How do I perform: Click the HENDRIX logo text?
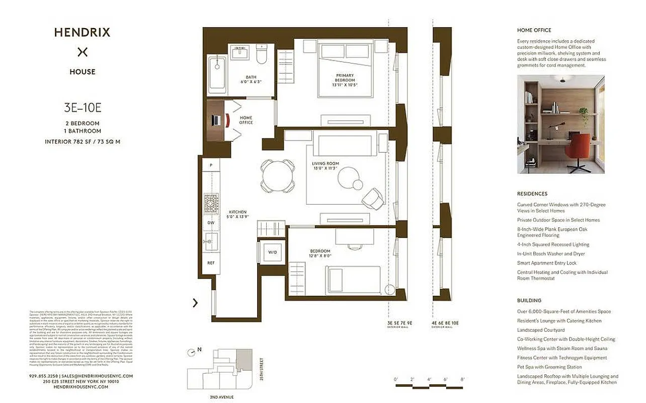click(82, 33)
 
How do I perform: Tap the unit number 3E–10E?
click(83, 107)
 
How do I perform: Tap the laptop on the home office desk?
click(215, 120)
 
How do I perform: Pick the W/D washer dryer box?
click(272, 252)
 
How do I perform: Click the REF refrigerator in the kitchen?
click(211, 263)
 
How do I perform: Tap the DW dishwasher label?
click(211, 222)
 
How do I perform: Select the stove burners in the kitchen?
click(211, 204)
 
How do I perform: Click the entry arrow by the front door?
click(195, 303)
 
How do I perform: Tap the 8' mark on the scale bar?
click(462, 379)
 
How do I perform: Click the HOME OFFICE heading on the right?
click(534, 30)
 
